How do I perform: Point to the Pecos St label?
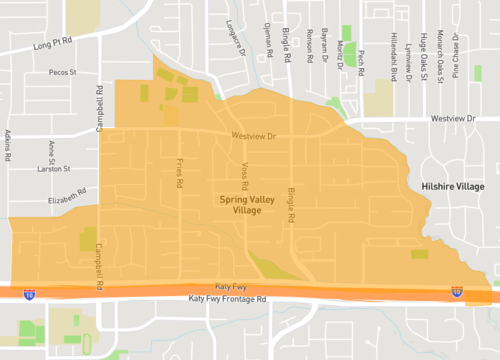pyautogui.click(x=62, y=73)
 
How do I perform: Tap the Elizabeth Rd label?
pyautogui.click(x=69, y=200)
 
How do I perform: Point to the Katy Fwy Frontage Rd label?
pyautogui.click(x=227, y=300)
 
